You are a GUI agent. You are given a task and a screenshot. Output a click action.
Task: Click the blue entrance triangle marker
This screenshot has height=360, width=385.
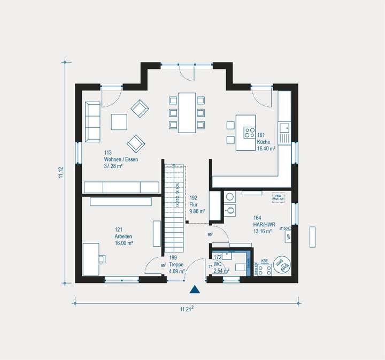coord(195,290)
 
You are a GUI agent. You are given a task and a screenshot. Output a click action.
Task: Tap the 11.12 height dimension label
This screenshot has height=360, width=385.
coord(60,173)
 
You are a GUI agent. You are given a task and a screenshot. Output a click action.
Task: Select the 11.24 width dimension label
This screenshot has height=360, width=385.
coord(186,309)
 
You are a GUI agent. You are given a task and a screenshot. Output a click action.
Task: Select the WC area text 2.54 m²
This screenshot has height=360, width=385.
coord(221,271)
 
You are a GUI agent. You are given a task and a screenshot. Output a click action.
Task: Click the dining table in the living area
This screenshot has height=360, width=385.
coord(187,112)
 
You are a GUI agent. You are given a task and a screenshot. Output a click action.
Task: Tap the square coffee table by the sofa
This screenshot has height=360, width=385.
coord(119,122)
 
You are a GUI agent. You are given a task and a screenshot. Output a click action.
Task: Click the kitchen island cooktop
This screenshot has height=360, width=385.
coord(250,131)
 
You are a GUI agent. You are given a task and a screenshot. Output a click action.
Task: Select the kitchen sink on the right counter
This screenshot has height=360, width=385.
coord(284,128)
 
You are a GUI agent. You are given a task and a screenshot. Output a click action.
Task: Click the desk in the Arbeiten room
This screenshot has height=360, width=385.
coord(91,259)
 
